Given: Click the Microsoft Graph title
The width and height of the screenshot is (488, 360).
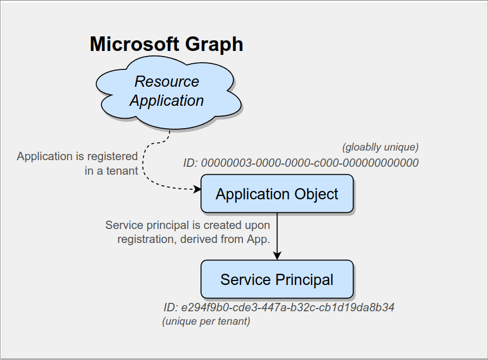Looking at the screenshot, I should click(x=166, y=44).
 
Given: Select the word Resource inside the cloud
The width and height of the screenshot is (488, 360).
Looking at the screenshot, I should click(x=167, y=82).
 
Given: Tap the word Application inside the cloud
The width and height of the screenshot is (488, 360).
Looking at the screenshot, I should click(x=167, y=101).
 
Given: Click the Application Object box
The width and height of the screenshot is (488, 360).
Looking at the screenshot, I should click(x=277, y=194).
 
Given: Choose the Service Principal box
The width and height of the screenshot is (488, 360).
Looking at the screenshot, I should click(x=277, y=279).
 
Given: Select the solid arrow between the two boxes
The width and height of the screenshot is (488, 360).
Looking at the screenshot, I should click(x=277, y=235).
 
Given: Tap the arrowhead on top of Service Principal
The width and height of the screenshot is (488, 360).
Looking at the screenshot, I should click(x=277, y=256).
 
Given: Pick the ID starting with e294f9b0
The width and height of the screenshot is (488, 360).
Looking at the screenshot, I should click(x=279, y=308).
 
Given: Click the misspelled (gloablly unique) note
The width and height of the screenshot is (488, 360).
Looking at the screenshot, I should click(x=380, y=147).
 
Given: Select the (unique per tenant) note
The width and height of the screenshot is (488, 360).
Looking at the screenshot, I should click(x=206, y=322).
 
